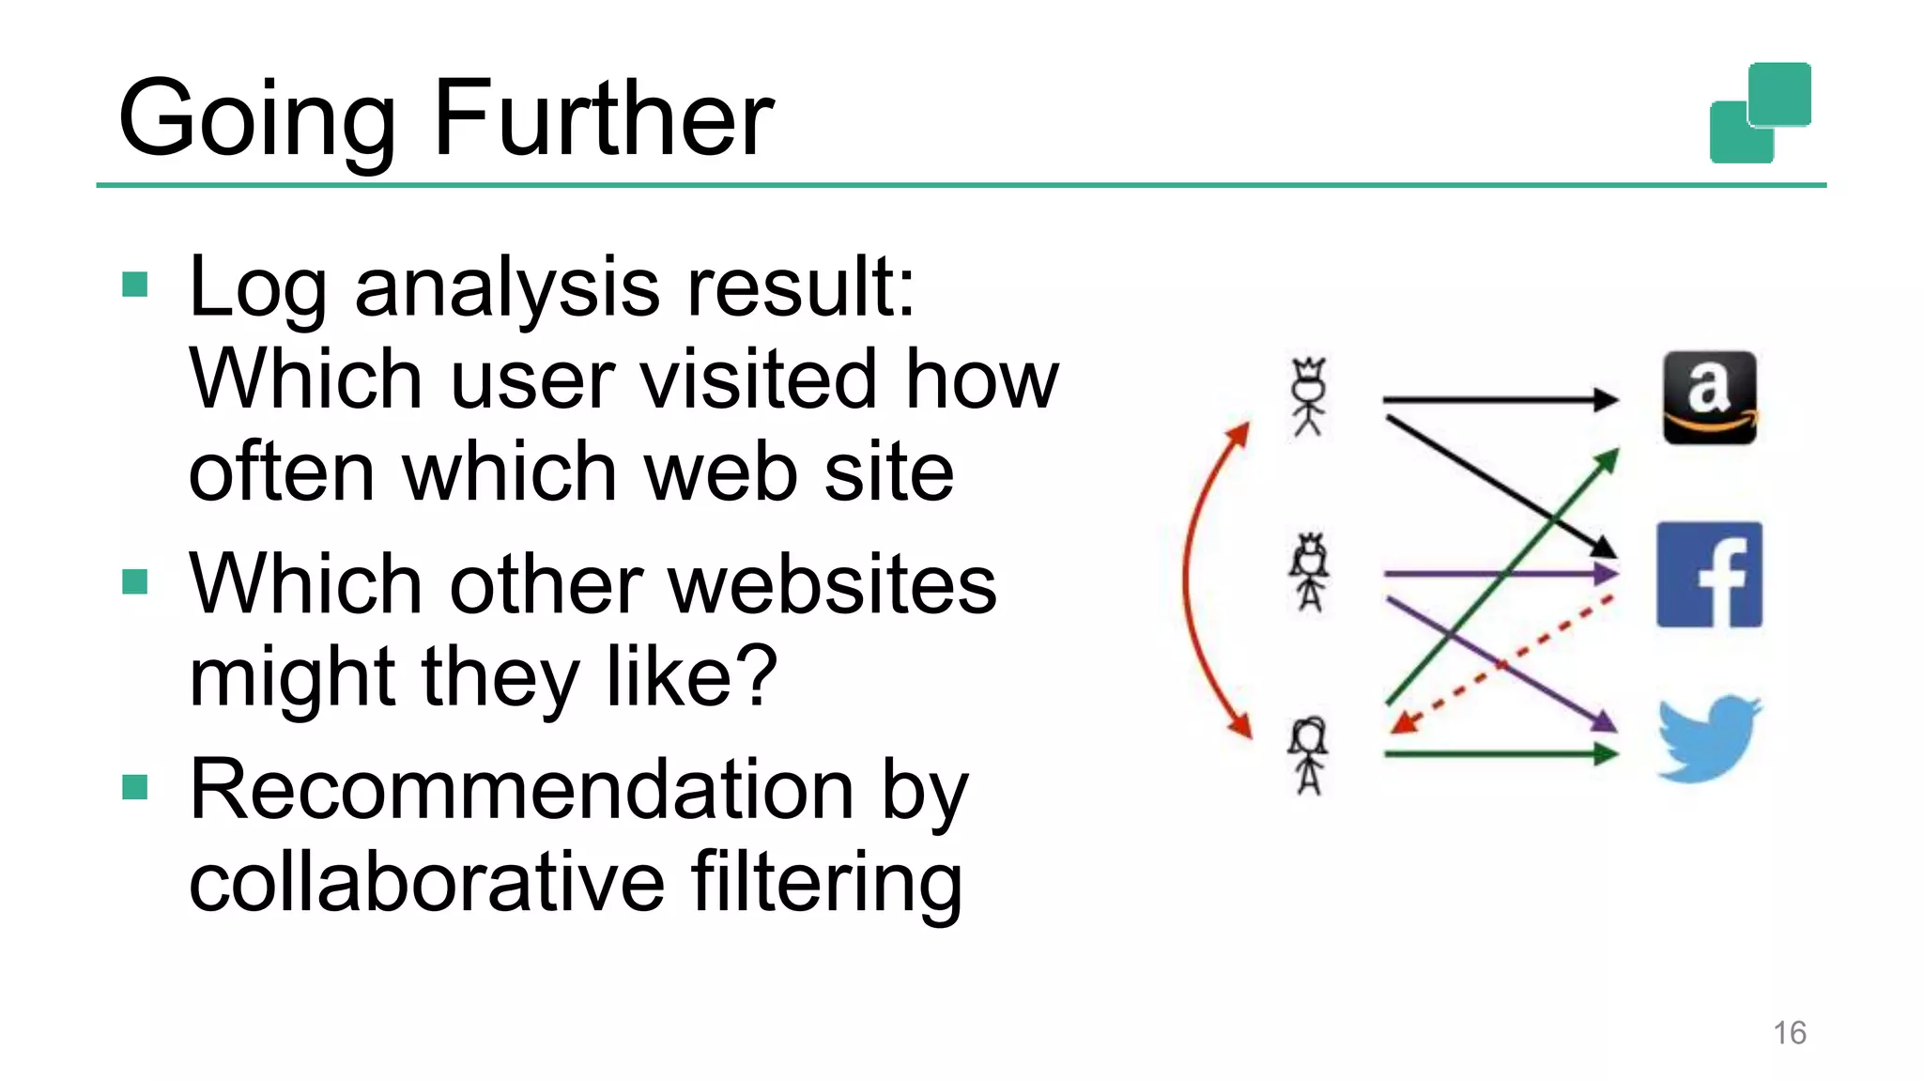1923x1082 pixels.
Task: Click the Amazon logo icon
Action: tap(1709, 397)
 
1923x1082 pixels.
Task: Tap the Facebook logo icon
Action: tap(1709, 574)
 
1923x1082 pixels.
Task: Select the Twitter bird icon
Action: tap(1708, 739)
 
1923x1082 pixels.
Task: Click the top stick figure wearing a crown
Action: tap(1309, 396)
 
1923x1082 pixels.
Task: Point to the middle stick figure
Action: tap(1310, 572)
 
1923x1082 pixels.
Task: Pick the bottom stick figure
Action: tap(1309, 754)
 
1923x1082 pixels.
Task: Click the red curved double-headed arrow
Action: tap(1189, 580)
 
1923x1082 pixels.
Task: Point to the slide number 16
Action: tap(1789, 1032)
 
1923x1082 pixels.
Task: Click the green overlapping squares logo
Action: tap(1760, 113)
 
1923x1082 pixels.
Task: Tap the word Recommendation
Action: tap(521, 790)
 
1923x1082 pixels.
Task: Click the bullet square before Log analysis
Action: tap(135, 285)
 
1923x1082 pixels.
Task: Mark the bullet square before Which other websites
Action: tap(135, 582)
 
